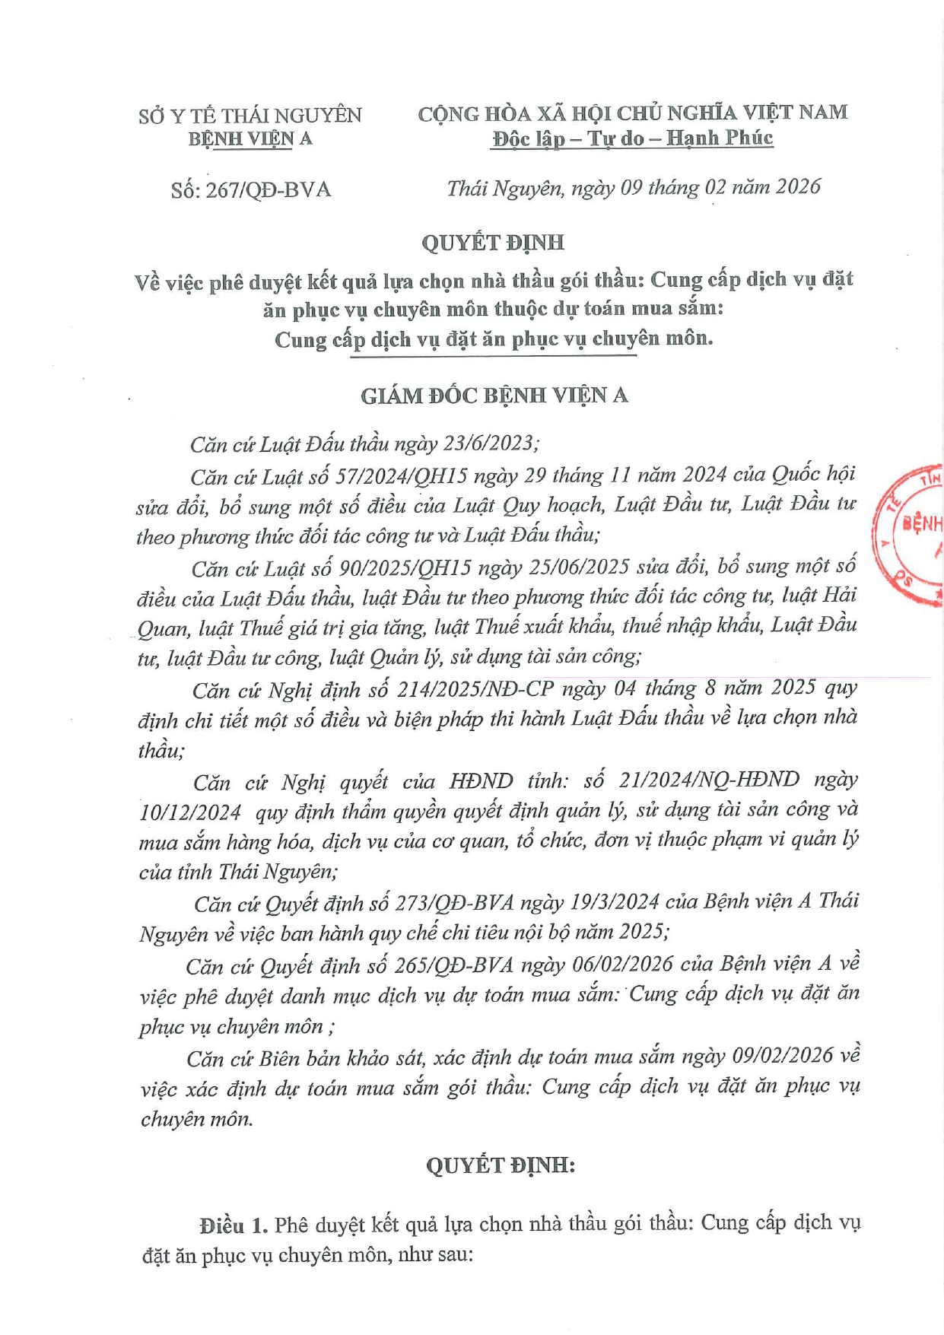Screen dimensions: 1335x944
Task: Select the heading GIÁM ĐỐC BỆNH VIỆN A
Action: click(494, 396)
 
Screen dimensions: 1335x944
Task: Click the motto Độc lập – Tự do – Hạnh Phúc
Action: click(632, 138)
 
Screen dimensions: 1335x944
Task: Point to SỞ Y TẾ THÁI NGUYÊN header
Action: click(250, 116)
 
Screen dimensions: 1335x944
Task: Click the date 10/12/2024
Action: click(191, 812)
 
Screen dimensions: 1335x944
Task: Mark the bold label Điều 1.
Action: click(234, 1225)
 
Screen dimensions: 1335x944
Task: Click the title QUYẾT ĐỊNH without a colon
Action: click(493, 243)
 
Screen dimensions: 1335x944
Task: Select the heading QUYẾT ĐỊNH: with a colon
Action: click(500, 1165)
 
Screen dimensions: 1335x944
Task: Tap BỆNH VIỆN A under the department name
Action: click(250, 139)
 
